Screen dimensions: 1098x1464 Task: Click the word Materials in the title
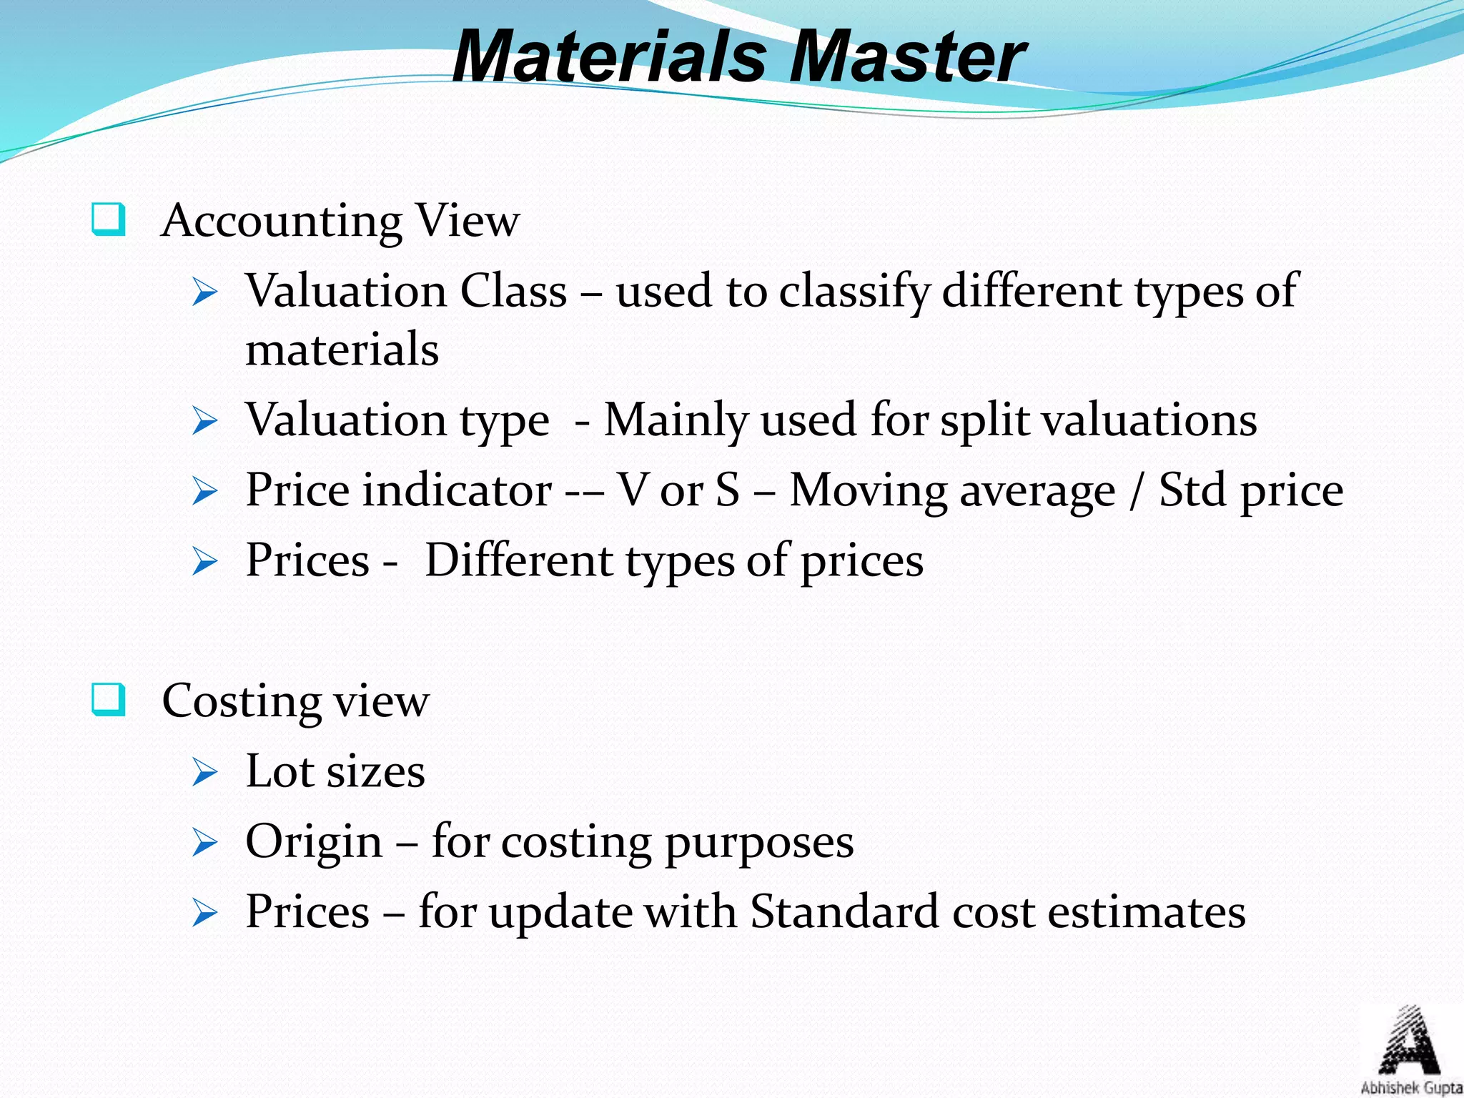[x=609, y=57]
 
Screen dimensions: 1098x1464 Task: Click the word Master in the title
[x=908, y=57]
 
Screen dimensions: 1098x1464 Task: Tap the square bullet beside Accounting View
[x=109, y=219]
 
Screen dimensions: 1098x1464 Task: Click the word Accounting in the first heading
[x=282, y=221]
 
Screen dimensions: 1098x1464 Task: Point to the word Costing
[x=241, y=701]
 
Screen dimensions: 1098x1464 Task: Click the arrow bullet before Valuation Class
[x=204, y=293]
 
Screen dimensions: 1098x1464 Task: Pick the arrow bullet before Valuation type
[x=204, y=421]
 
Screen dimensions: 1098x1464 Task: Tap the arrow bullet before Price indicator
[x=204, y=492]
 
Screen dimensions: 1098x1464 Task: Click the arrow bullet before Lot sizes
[x=204, y=773]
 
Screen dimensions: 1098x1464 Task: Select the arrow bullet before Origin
[x=204, y=843]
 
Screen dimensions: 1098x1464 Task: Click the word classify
[x=855, y=292]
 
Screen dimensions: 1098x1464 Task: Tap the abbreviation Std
[x=1193, y=490]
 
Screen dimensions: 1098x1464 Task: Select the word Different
[x=519, y=560]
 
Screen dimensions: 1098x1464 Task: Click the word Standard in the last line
[x=844, y=912]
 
